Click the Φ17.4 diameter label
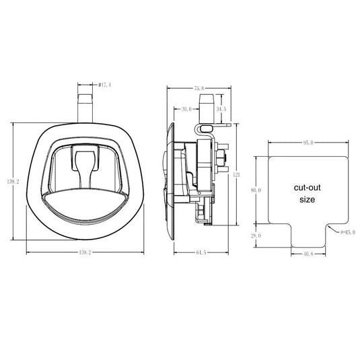(x=105, y=85)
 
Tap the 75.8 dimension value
(x=199, y=88)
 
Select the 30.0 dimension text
(x=186, y=109)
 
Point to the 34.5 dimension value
(x=221, y=109)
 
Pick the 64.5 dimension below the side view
(x=201, y=252)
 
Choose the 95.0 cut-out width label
(x=308, y=143)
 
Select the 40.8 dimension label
(x=308, y=254)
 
